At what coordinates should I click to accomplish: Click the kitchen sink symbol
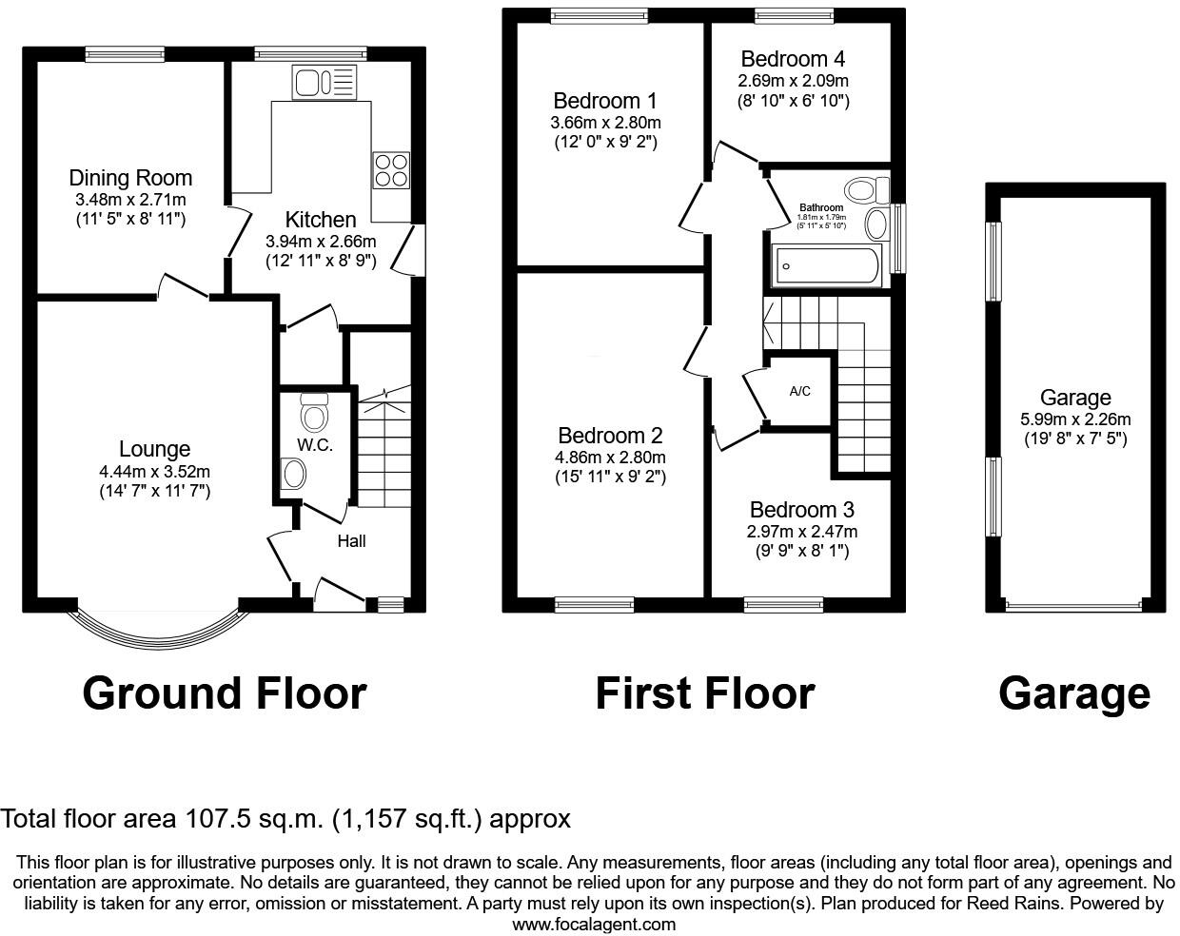[324, 83]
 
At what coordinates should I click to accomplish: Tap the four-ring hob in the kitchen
[391, 169]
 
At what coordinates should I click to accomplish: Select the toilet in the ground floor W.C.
[313, 414]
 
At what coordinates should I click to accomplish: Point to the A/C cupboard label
[800, 391]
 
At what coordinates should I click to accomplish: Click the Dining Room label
[130, 178]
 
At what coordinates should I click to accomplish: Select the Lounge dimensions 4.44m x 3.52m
[154, 471]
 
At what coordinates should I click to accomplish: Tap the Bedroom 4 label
[793, 59]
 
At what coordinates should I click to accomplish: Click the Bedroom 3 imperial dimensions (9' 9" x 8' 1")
[803, 551]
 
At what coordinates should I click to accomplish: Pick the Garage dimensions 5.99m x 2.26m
[1075, 419]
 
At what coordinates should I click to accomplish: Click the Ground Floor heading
[225, 693]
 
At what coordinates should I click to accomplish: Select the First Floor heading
[704, 693]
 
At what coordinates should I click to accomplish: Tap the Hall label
[351, 541]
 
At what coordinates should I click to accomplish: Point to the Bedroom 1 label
[605, 101]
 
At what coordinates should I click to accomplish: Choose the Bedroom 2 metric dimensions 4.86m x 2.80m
[610, 457]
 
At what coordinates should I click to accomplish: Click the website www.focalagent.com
[594, 924]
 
